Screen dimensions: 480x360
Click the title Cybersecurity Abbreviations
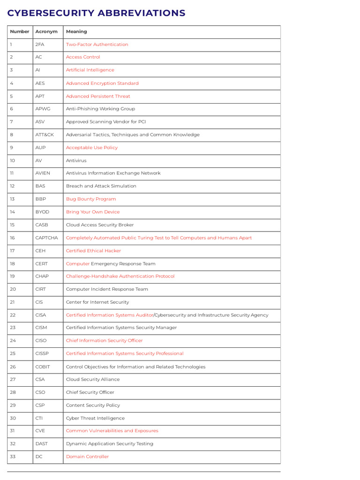(x=96, y=13)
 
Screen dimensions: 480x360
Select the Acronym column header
(x=46, y=32)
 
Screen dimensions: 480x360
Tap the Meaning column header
(x=76, y=32)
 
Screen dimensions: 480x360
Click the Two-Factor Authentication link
(x=97, y=45)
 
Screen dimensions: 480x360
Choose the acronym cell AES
(x=40, y=83)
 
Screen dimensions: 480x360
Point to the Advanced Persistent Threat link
(x=98, y=96)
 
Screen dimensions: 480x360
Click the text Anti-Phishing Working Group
(x=100, y=109)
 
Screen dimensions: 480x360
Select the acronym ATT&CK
(x=45, y=135)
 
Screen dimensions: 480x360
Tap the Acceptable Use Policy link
(x=92, y=148)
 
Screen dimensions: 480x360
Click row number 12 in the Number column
(x=13, y=186)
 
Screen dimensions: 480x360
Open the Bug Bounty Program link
(x=91, y=199)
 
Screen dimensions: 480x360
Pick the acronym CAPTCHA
(x=47, y=238)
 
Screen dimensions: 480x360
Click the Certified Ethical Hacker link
(x=93, y=251)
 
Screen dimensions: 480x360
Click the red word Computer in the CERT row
(x=78, y=263)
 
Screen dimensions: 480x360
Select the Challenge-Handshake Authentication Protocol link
(x=120, y=276)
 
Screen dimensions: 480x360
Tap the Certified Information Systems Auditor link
(x=110, y=315)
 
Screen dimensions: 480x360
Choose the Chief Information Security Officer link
(x=104, y=341)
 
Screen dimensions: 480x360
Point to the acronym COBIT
(x=43, y=367)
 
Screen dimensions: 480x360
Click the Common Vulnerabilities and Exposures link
(x=112, y=431)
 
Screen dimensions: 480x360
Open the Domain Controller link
(x=87, y=457)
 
